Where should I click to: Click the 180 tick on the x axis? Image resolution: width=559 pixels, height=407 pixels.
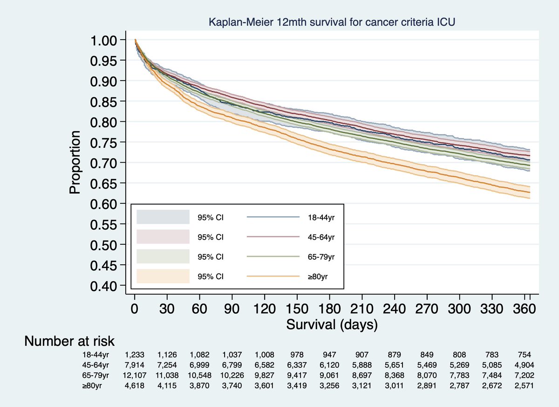329,309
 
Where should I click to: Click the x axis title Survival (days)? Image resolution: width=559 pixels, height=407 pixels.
332,324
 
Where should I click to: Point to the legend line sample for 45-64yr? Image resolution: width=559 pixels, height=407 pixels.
273,237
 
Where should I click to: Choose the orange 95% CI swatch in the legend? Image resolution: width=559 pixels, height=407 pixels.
163,276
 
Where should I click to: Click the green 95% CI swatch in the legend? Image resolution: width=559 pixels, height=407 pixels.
163,256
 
